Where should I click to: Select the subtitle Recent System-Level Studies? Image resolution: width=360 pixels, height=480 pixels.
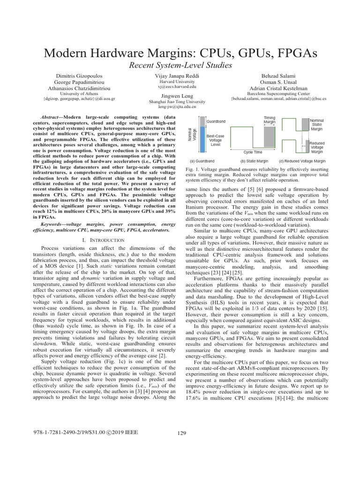[180, 66]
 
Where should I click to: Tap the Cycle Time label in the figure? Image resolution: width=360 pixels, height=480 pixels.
[253, 152]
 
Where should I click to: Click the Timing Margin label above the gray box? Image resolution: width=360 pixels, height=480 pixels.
[270, 120]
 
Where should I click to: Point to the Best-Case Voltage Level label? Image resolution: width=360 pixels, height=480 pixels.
[216, 140]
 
